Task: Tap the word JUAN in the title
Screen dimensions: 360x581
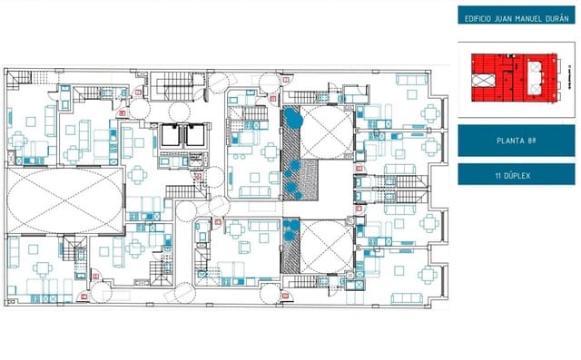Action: [x=506, y=18]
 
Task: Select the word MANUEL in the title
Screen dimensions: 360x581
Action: [x=530, y=18]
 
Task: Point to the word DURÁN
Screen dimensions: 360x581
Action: [x=557, y=18]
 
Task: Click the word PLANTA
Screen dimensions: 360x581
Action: [x=509, y=141]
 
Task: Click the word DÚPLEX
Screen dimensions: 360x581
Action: [x=522, y=174]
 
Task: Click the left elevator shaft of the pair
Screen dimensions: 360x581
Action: [x=171, y=135]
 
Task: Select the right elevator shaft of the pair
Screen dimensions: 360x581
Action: [x=192, y=135]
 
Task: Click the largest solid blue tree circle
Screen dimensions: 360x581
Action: [x=292, y=117]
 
